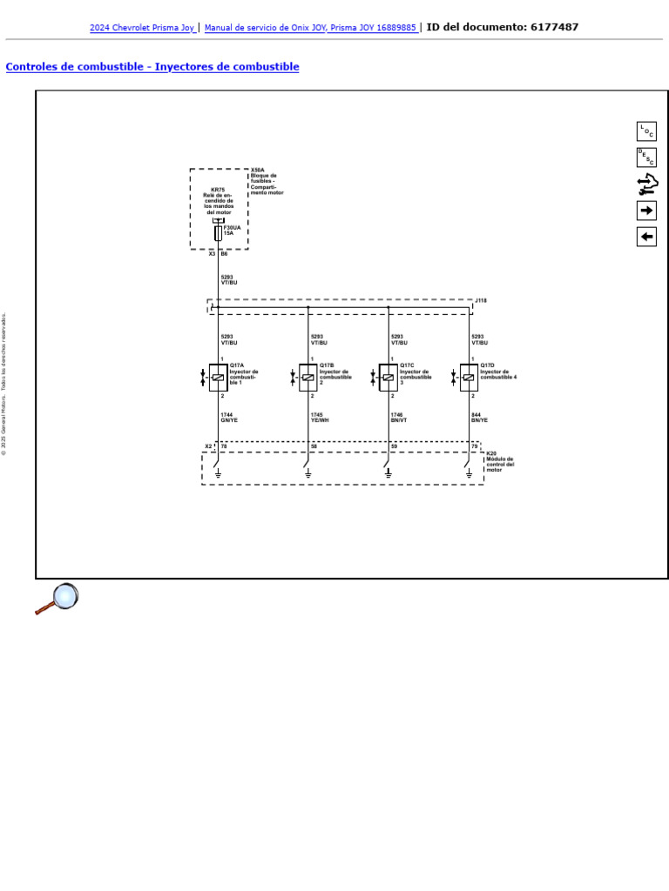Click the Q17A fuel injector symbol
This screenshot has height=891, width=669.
click(x=218, y=378)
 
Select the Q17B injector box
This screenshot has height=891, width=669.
click(x=307, y=378)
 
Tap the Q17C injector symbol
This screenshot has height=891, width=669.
click(x=388, y=378)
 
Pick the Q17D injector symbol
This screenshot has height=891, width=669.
click(x=469, y=378)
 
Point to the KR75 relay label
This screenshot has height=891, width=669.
click(x=218, y=189)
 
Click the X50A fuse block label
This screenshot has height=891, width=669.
click(x=257, y=171)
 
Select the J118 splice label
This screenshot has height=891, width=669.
click(x=481, y=300)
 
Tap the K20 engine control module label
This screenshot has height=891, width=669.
click(x=491, y=453)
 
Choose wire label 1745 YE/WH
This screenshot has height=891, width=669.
click(x=320, y=418)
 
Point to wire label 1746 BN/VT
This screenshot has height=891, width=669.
click(x=399, y=418)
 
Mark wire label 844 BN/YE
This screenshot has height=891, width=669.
click(x=479, y=418)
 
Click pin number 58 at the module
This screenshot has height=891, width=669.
click(x=314, y=446)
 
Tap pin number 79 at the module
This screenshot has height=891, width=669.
click(x=475, y=446)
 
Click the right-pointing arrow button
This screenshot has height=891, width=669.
click(x=646, y=211)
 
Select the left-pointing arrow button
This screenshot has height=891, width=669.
click(x=646, y=237)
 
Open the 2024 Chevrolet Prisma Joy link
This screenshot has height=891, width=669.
click(x=142, y=28)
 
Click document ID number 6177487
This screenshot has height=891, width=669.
click(x=554, y=27)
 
